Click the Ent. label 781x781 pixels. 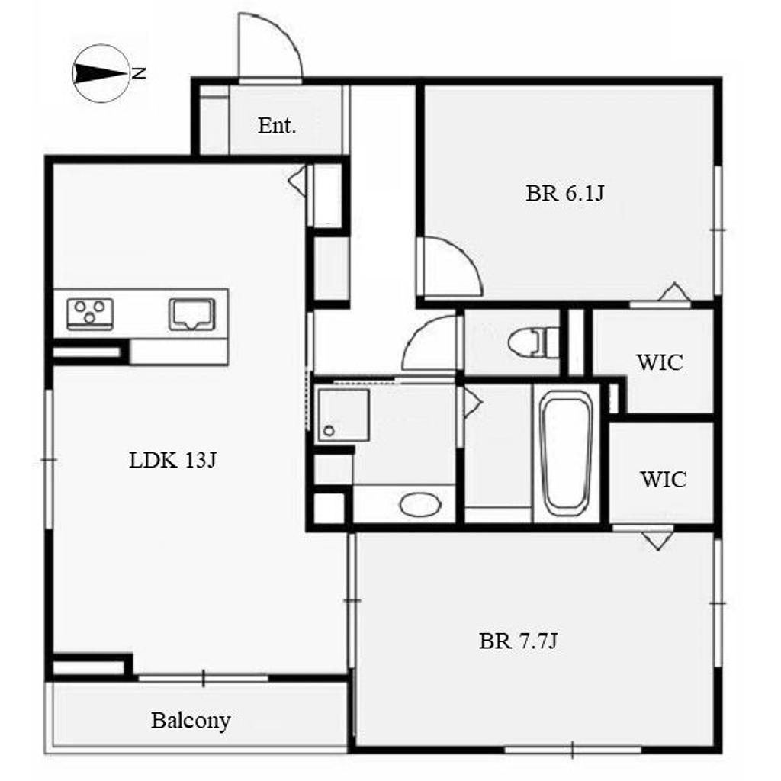tap(277, 126)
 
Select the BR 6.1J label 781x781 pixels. tap(565, 193)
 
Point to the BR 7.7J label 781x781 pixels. tap(518, 641)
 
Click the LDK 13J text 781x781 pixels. tap(172, 460)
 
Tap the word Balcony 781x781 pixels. tap(191, 721)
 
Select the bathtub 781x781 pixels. tap(567, 453)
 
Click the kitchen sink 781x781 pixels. tap(191, 313)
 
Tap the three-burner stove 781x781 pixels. tap(90, 313)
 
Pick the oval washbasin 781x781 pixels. tap(420, 505)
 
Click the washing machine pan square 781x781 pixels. tap(344, 415)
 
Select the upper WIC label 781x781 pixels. tap(660, 362)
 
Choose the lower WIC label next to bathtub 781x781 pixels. tap(664, 479)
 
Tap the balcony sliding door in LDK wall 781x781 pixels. tap(203, 678)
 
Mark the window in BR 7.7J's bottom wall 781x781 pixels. tap(573, 749)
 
